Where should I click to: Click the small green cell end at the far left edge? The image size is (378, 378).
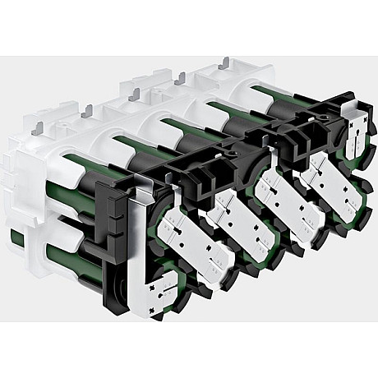coord(16,238)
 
